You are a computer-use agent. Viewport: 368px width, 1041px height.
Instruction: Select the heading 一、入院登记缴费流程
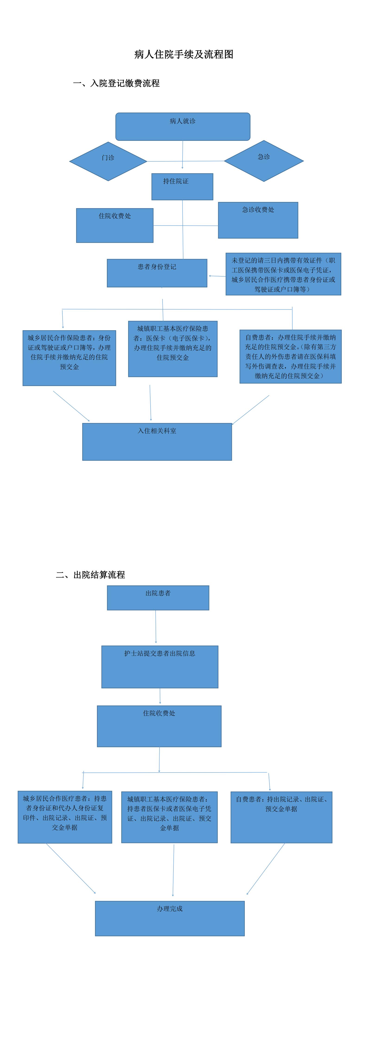116,83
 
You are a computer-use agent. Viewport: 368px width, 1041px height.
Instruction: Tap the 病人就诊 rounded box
183,127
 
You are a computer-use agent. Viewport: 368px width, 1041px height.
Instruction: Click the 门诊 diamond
108,161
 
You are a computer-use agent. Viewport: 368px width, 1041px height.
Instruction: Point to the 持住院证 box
182,187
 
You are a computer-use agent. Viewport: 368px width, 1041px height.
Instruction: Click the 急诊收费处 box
258,220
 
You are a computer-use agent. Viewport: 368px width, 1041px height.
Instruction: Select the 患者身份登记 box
157,273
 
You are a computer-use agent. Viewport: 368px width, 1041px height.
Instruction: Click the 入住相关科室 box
157,442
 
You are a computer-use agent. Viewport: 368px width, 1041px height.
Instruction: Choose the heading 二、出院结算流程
91,575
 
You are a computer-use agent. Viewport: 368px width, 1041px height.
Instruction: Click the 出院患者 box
158,598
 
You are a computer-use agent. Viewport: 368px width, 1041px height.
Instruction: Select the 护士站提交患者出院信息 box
160,667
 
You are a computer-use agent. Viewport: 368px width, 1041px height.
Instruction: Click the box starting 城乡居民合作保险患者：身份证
69,358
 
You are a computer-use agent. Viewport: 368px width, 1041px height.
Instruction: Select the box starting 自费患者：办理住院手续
290,356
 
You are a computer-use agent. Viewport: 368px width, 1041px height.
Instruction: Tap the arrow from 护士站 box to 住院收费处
160,696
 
